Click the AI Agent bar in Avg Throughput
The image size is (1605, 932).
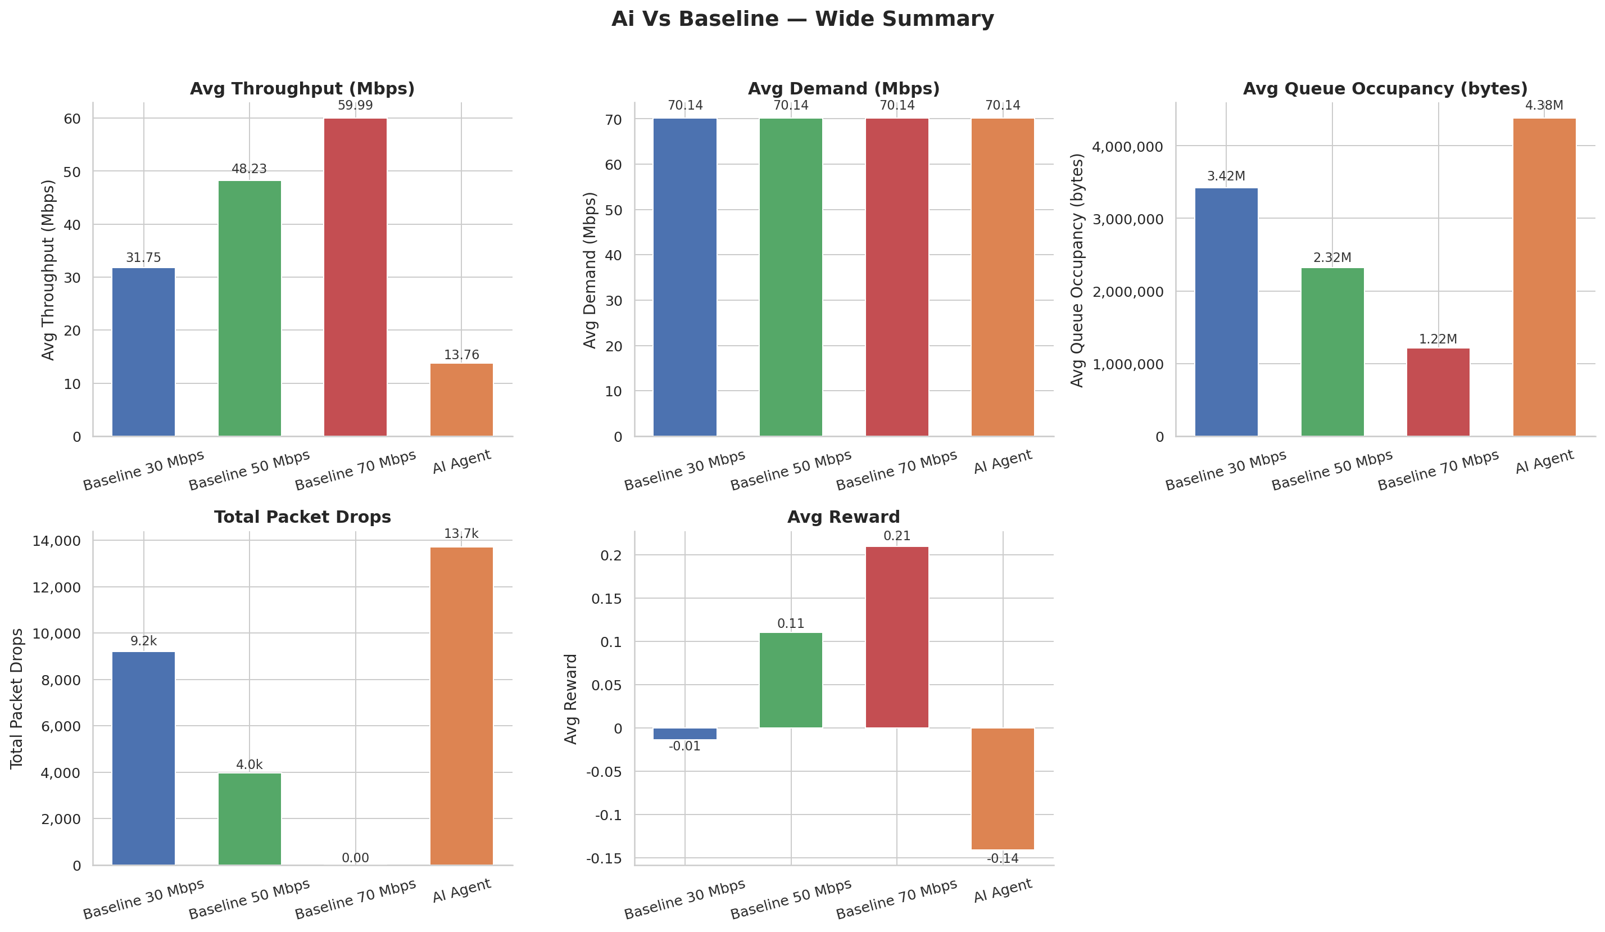pyautogui.click(x=461, y=400)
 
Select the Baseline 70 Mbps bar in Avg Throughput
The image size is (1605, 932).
pyautogui.click(x=355, y=277)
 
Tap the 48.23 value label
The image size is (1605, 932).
pyautogui.click(x=249, y=169)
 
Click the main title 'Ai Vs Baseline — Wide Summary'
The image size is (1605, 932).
pyautogui.click(x=802, y=19)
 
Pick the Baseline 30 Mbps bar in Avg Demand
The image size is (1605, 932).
pyautogui.click(x=684, y=277)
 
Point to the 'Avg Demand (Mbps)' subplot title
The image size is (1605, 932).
pyautogui.click(x=844, y=89)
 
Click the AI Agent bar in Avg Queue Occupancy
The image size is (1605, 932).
pyautogui.click(x=1544, y=277)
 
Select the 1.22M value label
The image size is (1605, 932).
pyautogui.click(x=1438, y=339)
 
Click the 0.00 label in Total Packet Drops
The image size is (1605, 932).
pyautogui.click(x=355, y=858)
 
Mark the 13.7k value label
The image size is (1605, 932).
pyautogui.click(x=461, y=534)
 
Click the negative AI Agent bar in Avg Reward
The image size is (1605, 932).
pyautogui.click(x=1003, y=788)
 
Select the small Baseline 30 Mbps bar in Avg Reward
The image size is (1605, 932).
pyautogui.click(x=684, y=733)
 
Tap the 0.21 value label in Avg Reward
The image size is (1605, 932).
pyautogui.click(x=897, y=536)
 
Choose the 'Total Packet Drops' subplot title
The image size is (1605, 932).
pyautogui.click(x=302, y=517)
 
